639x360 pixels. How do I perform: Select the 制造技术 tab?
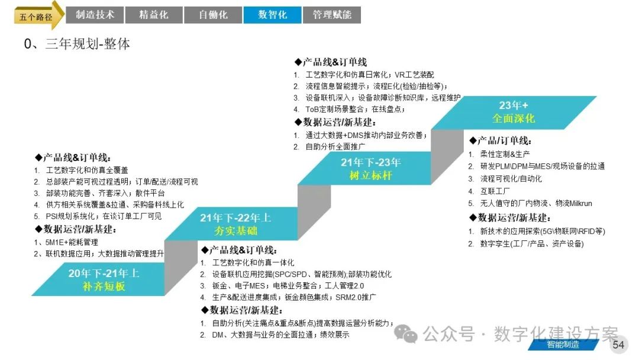click(x=95, y=15)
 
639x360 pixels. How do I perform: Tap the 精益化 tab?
click(x=153, y=15)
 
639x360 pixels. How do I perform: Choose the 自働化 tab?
click(x=213, y=15)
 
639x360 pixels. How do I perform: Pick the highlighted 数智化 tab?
click(x=272, y=15)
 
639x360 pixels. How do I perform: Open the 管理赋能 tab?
click(x=331, y=15)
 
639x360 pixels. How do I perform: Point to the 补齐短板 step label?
click(x=104, y=287)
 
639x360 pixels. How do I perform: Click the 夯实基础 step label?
click(x=235, y=231)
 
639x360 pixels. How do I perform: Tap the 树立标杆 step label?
click(x=371, y=176)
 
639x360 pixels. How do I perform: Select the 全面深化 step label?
click(x=513, y=118)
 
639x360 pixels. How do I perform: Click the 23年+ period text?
click(x=513, y=105)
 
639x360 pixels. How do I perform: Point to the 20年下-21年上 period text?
click(x=104, y=273)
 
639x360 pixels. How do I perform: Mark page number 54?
click(x=618, y=345)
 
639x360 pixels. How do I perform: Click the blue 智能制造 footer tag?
click(x=562, y=345)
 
